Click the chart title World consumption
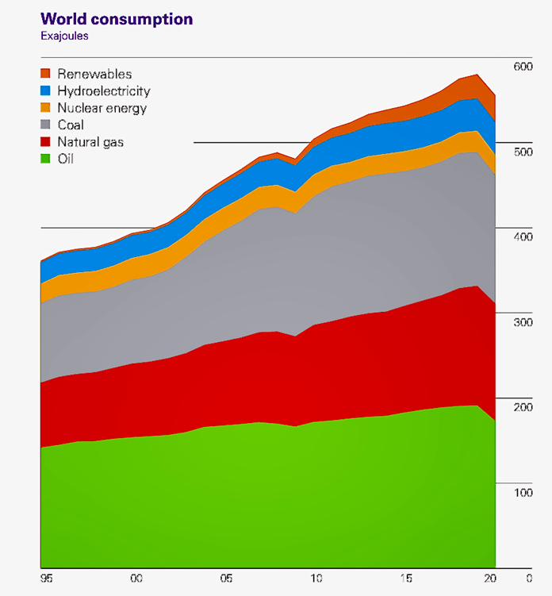click(x=117, y=18)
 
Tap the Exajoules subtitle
click(x=66, y=36)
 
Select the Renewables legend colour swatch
click(x=45, y=74)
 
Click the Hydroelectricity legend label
click(x=104, y=91)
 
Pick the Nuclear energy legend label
click(x=102, y=108)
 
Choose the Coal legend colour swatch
click(x=45, y=125)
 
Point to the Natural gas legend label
click(x=90, y=142)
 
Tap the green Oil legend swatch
click(x=45, y=159)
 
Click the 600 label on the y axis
click(x=522, y=67)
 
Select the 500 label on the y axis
click(x=522, y=152)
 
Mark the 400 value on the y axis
click(x=522, y=237)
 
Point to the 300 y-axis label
click(x=522, y=322)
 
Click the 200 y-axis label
click(x=522, y=407)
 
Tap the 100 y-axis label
click(x=522, y=493)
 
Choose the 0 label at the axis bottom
click(x=529, y=578)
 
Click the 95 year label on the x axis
click(x=46, y=578)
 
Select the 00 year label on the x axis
click(x=136, y=578)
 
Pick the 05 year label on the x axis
click(x=227, y=578)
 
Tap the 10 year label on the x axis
click(x=317, y=578)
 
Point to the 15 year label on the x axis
click(x=408, y=578)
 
